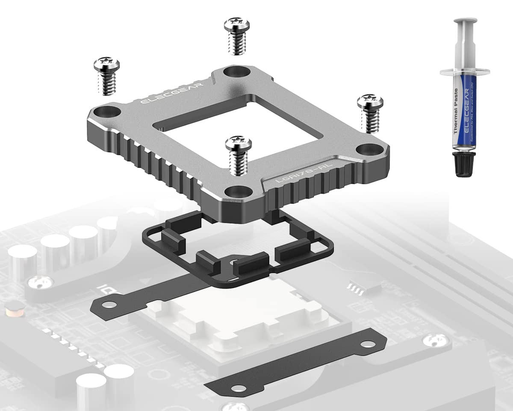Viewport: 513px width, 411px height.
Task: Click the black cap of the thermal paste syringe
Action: [463, 164]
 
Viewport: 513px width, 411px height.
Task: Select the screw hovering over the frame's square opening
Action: [238, 154]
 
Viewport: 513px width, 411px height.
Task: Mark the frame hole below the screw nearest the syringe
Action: [367, 150]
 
